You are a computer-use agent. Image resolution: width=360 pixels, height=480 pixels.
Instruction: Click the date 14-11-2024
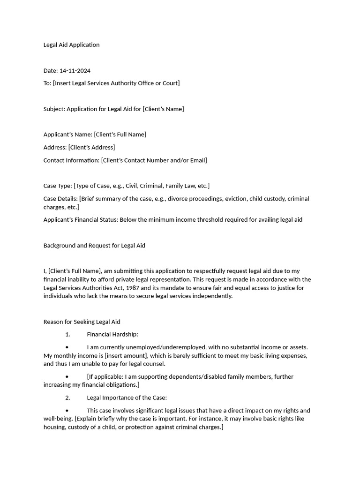click(75, 71)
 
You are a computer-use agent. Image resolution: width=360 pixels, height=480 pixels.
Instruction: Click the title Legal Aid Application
click(71, 45)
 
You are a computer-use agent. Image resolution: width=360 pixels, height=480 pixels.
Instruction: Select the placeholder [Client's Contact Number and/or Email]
click(154, 160)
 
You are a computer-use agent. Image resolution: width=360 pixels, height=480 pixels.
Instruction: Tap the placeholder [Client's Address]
click(91, 147)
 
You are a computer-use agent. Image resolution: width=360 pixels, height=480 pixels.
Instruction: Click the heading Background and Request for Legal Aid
click(94, 246)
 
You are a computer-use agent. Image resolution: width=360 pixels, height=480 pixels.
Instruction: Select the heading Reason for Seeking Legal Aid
click(82, 322)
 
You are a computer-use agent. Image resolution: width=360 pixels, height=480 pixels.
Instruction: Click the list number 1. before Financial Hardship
click(67, 334)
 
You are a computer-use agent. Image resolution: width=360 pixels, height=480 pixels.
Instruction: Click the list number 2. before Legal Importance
click(67, 397)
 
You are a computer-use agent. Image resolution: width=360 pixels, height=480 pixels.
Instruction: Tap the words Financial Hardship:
click(112, 334)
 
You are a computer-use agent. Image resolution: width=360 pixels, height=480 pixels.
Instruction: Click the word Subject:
click(54, 109)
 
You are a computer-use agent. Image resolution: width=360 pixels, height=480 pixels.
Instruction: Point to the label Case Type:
click(58, 186)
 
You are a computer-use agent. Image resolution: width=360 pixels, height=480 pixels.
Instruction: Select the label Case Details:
click(60, 199)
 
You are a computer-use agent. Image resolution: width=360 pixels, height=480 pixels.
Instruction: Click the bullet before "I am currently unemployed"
click(67, 347)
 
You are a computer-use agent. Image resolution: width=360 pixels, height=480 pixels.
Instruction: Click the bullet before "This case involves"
click(67, 411)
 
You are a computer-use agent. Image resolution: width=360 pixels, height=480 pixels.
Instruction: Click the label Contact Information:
click(71, 160)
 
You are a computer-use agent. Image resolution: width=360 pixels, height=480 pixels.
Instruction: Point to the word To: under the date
click(47, 83)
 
